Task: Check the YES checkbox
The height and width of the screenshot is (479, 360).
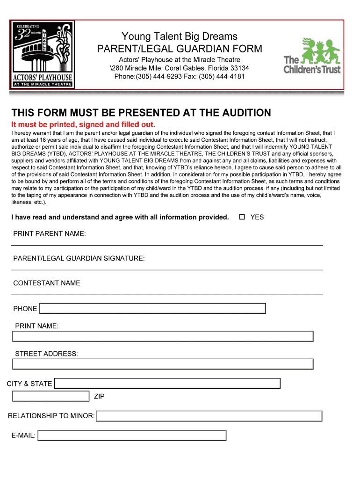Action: tap(242, 217)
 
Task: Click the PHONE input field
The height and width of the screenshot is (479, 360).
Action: tap(152, 308)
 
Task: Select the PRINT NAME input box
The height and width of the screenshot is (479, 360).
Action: tap(162, 336)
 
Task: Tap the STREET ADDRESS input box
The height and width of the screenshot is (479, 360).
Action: tap(162, 364)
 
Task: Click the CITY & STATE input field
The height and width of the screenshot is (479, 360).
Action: tap(167, 384)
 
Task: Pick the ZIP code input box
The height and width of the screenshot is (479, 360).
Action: tap(50, 396)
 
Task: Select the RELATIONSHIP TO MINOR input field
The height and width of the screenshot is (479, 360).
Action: tap(209, 416)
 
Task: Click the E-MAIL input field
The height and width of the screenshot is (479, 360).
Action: tap(132, 435)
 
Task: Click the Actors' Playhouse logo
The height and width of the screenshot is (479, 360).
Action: tap(43, 55)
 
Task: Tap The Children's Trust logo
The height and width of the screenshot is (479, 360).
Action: tap(312, 56)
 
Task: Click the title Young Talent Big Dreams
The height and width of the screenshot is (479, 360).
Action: tap(180, 36)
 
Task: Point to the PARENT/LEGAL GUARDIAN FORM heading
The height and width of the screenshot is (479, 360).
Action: tap(180, 49)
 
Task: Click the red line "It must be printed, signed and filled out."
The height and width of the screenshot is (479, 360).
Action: tap(83, 124)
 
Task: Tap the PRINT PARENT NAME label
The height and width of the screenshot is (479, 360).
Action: tap(50, 233)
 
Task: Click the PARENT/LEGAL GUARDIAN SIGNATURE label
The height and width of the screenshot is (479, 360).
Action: tap(79, 258)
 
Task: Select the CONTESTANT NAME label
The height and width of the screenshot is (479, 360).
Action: tap(47, 283)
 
